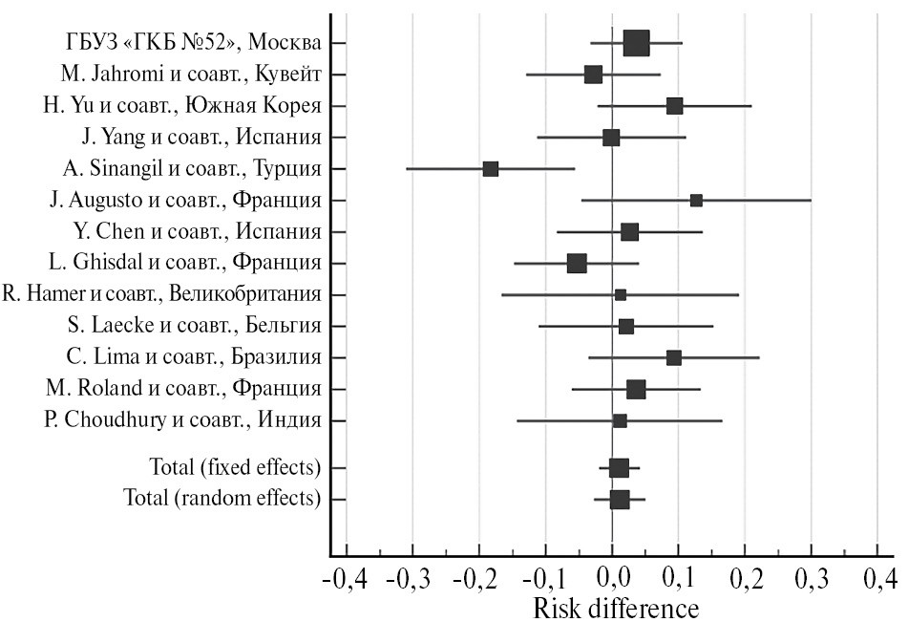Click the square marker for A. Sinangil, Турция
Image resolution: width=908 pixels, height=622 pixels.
[491, 169]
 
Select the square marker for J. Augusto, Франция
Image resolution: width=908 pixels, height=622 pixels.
[696, 201]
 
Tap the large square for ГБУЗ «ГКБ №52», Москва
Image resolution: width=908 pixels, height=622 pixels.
[636, 43]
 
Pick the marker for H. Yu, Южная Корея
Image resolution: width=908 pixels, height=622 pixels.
[674, 106]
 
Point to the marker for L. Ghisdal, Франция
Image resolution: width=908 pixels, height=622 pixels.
[577, 263]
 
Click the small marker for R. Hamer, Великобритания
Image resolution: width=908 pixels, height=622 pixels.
[621, 295]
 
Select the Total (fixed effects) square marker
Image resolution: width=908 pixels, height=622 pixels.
[619, 468]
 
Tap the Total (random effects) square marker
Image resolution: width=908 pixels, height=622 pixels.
[620, 500]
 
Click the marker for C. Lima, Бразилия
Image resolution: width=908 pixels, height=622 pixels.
[674, 357]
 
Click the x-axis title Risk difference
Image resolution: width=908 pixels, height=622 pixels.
[615, 609]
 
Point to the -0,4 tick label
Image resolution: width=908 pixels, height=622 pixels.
[347, 580]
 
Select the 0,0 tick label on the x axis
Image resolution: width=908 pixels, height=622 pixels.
[612, 580]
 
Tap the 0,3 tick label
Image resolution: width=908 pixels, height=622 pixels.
[811, 580]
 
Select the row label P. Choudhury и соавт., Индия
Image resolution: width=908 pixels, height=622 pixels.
[182, 420]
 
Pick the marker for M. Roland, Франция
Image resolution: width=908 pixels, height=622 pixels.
[636, 389]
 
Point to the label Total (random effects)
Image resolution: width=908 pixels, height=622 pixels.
[222, 499]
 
